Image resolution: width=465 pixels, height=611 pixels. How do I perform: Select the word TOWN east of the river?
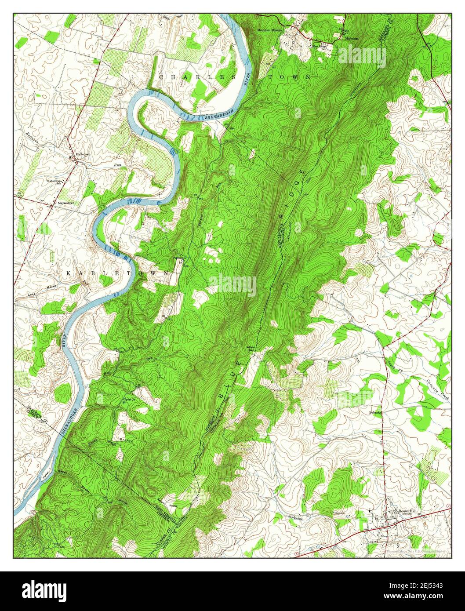click(x=291, y=77)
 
